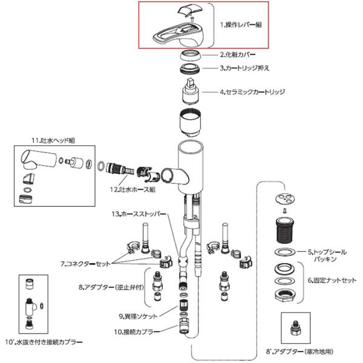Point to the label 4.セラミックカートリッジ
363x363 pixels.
(x=252, y=92)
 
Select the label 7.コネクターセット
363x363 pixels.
(x=87, y=264)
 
